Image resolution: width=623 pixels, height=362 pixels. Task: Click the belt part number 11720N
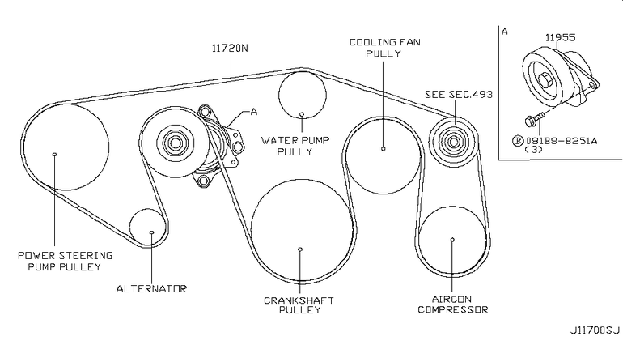pyautogui.click(x=230, y=48)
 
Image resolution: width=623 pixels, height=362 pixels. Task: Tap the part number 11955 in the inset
pyautogui.click(x=560, y=37)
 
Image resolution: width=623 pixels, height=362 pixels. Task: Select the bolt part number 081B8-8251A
pyautogui.click(x=562, y=140)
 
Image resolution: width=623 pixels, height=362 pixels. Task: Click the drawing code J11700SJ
pyautogui.click(x=595, y=330)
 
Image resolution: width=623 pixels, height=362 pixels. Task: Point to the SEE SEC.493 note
pyautogui.click(x=459, y=94)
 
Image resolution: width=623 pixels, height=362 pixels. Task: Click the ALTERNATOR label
pyautogui.click(x=151, y=288)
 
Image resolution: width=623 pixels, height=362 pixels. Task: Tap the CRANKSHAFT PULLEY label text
pyautogui.click(x=299, y=305)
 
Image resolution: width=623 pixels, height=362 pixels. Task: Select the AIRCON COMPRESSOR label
pyautogui.click(x=452, y=305)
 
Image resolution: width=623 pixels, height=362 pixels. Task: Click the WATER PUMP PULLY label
pyautogui.click(x=295, y=146)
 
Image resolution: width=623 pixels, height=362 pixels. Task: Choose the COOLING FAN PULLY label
pyautogui.click(x=384, y=48)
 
